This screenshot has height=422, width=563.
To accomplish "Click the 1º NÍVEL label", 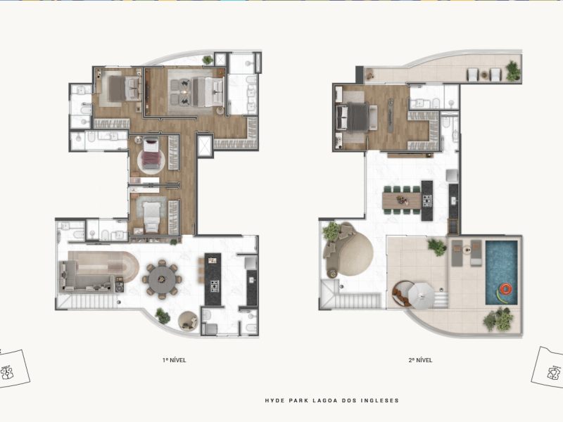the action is pyautogui.click(x=174, y=360).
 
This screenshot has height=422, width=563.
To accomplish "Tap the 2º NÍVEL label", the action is pyautogui.click(x=420, y=360).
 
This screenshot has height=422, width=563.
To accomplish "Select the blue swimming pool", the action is pyautogui.click(x=502, y=273).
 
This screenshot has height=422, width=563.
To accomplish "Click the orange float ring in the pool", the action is pyautogui.click(x=506, y=288).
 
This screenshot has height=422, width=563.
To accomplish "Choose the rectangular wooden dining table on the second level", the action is pyautogui.click(x=402, y=200).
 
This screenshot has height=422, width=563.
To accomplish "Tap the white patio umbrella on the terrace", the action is pyautogui.click(x=422, y=295).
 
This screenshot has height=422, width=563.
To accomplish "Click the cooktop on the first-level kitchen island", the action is pyautogui.click(x=215, y=286).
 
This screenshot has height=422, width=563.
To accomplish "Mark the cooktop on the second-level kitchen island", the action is pyautogui.click(x=426, y=200).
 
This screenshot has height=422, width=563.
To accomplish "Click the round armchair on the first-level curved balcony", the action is pyautogui.click(x=188, y=321).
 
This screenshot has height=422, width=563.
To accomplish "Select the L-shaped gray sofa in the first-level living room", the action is pyautogui.click(x=87, y=276).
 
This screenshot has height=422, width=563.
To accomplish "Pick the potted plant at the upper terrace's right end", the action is pyautogui.click(x=513, y=71).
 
